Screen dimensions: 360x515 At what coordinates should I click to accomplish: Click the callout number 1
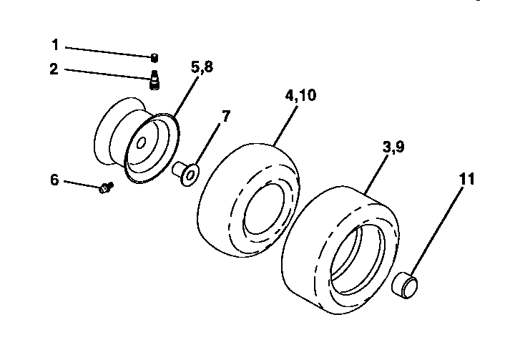[x=54, y=45]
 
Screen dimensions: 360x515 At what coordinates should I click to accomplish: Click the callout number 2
[x=54, y=69]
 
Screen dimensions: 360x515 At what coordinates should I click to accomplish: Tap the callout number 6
[x=54, y=180]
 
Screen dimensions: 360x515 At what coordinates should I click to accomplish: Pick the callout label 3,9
[x=393, y=147]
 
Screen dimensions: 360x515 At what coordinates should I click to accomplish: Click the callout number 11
[x=466, y=179]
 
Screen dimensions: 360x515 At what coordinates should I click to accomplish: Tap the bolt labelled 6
[x=107, y=188]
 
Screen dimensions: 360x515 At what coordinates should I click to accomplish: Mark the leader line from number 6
[x=82, y=183]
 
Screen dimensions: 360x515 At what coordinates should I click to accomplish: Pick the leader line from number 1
[x=107, y=51]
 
